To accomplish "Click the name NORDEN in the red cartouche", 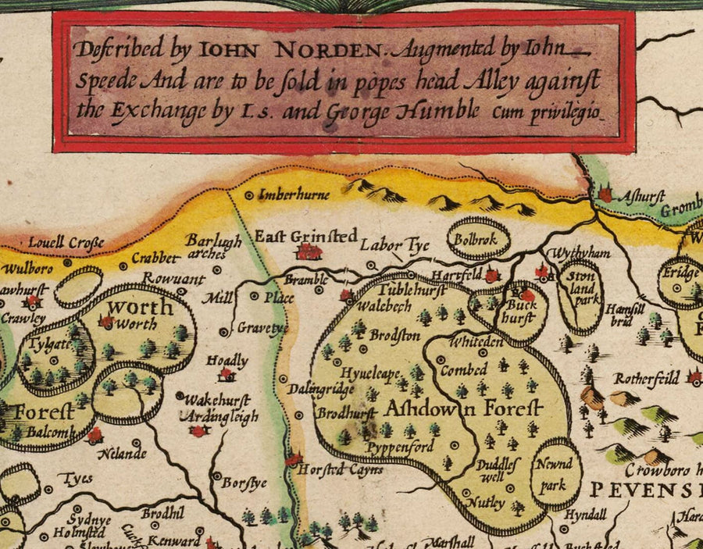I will click(x=327, y=51).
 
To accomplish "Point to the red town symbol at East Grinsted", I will click(x=310, y=251).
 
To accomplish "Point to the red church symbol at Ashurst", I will click(x=606, y=194).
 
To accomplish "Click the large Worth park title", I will click(x=140, y=306).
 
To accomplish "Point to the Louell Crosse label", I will click(x=66, y=243).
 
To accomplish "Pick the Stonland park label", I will click(x=580, y=287).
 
